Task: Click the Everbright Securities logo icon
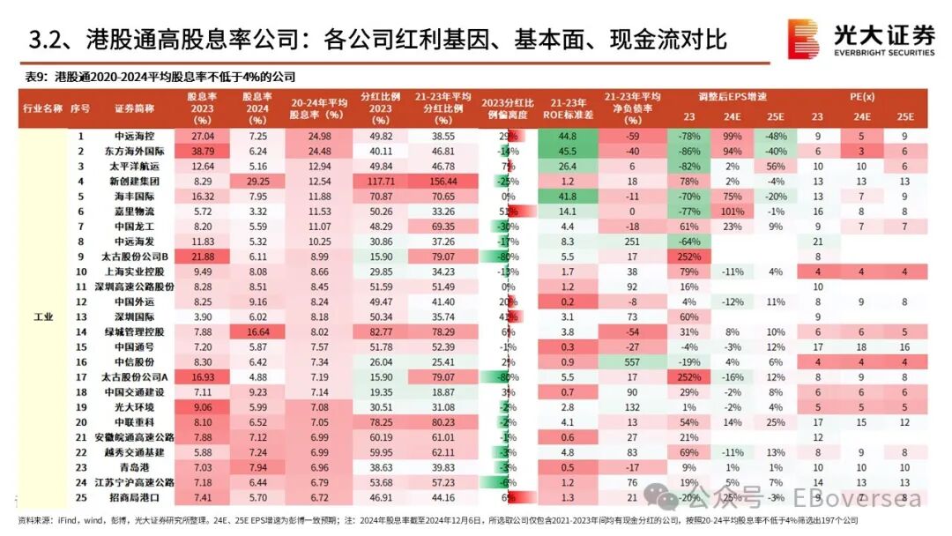pyautogui.click(x=802, y=39)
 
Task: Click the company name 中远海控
pyautogui.click(x=134, y=137)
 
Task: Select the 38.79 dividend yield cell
pyautogui.click(x=203, y=151)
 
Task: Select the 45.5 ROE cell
pyautogui.click(x=567, y=151)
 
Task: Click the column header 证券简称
pyautogui.click(x=134, y=108)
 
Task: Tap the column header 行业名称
pyautogui.click(x=41, y=108)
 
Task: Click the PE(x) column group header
pyautogui.click(x=860, y=95)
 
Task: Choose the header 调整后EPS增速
pyautogui.click(x=733, y=95)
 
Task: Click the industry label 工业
pyautogui.click(x=41, y=316)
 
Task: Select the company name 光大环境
pyautogui.click(x=134, y=407)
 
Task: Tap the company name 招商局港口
pyautogui.click(x=134, y=498)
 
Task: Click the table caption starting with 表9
pyautogui.click(x=159, y=77)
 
